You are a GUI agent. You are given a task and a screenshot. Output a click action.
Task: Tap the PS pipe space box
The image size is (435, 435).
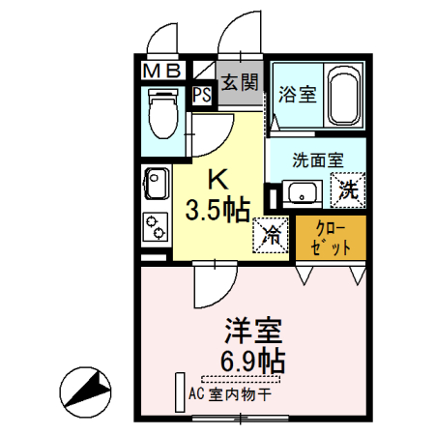(x=201, y=95)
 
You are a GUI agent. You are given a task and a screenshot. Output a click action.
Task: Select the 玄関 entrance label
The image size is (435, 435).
(x=239, y=83)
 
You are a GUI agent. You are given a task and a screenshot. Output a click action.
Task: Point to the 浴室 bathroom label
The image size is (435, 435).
(x=296, y=94)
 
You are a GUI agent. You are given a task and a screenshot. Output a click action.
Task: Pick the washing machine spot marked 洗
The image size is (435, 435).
(x=347, y=190)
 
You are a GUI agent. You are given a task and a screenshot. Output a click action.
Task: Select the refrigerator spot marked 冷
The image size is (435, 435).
(x=272, y=233)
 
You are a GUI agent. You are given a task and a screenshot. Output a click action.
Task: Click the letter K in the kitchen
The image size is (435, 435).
(x=220, y=179)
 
